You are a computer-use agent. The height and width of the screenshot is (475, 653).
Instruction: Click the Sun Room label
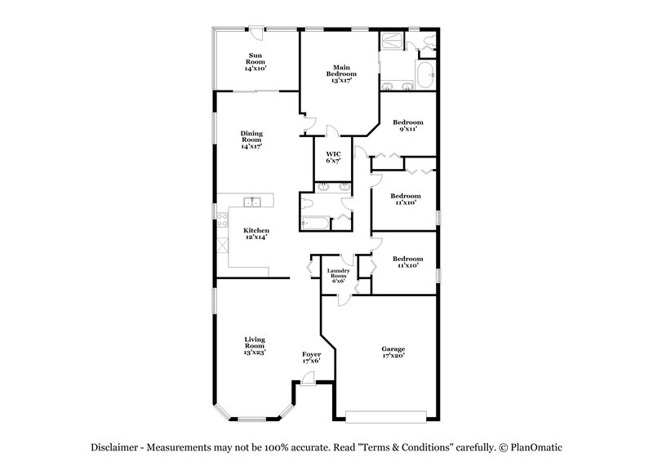255,63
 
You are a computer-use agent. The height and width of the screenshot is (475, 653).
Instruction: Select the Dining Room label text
251,140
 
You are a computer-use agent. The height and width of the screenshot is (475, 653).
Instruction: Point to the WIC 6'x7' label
332,158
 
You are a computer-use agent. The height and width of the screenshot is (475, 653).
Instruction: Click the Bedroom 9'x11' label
407,126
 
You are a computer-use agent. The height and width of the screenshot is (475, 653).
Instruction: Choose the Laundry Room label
338,276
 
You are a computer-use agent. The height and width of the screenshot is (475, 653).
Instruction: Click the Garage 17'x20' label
393,353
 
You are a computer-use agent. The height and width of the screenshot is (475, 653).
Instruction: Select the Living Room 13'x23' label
255,345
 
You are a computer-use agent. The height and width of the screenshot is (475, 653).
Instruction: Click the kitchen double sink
252,201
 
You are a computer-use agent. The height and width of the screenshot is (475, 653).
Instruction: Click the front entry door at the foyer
308,377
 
